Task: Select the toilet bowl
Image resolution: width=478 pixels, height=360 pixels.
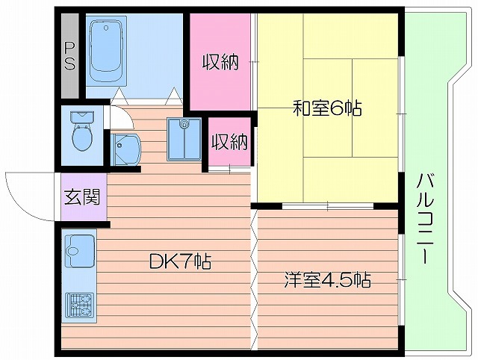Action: (x=80, y=138)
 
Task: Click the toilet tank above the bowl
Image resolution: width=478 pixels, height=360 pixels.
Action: (x=80, y=117)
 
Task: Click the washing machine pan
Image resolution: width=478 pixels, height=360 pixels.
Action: (x=184, y=139)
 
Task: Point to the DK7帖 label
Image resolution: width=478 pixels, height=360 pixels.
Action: (x=179, y=261)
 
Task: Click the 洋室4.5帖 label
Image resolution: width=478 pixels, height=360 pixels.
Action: (x=327, y=281)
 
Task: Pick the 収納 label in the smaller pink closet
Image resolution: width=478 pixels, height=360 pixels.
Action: (x=229, y=141)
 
